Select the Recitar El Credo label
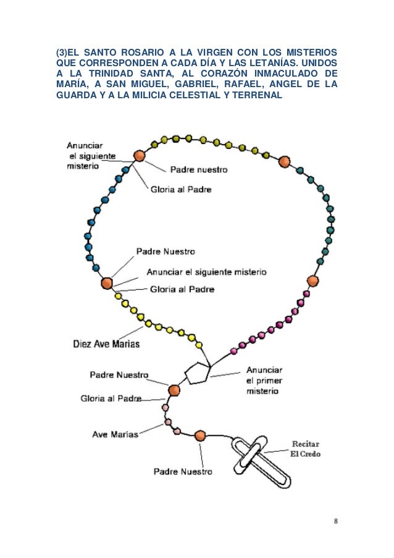[305, 449]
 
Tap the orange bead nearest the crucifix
[199, 436]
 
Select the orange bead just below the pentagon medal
[174, 391]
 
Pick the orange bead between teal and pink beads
[312, 281]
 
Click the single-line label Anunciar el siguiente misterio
[206, 271]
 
